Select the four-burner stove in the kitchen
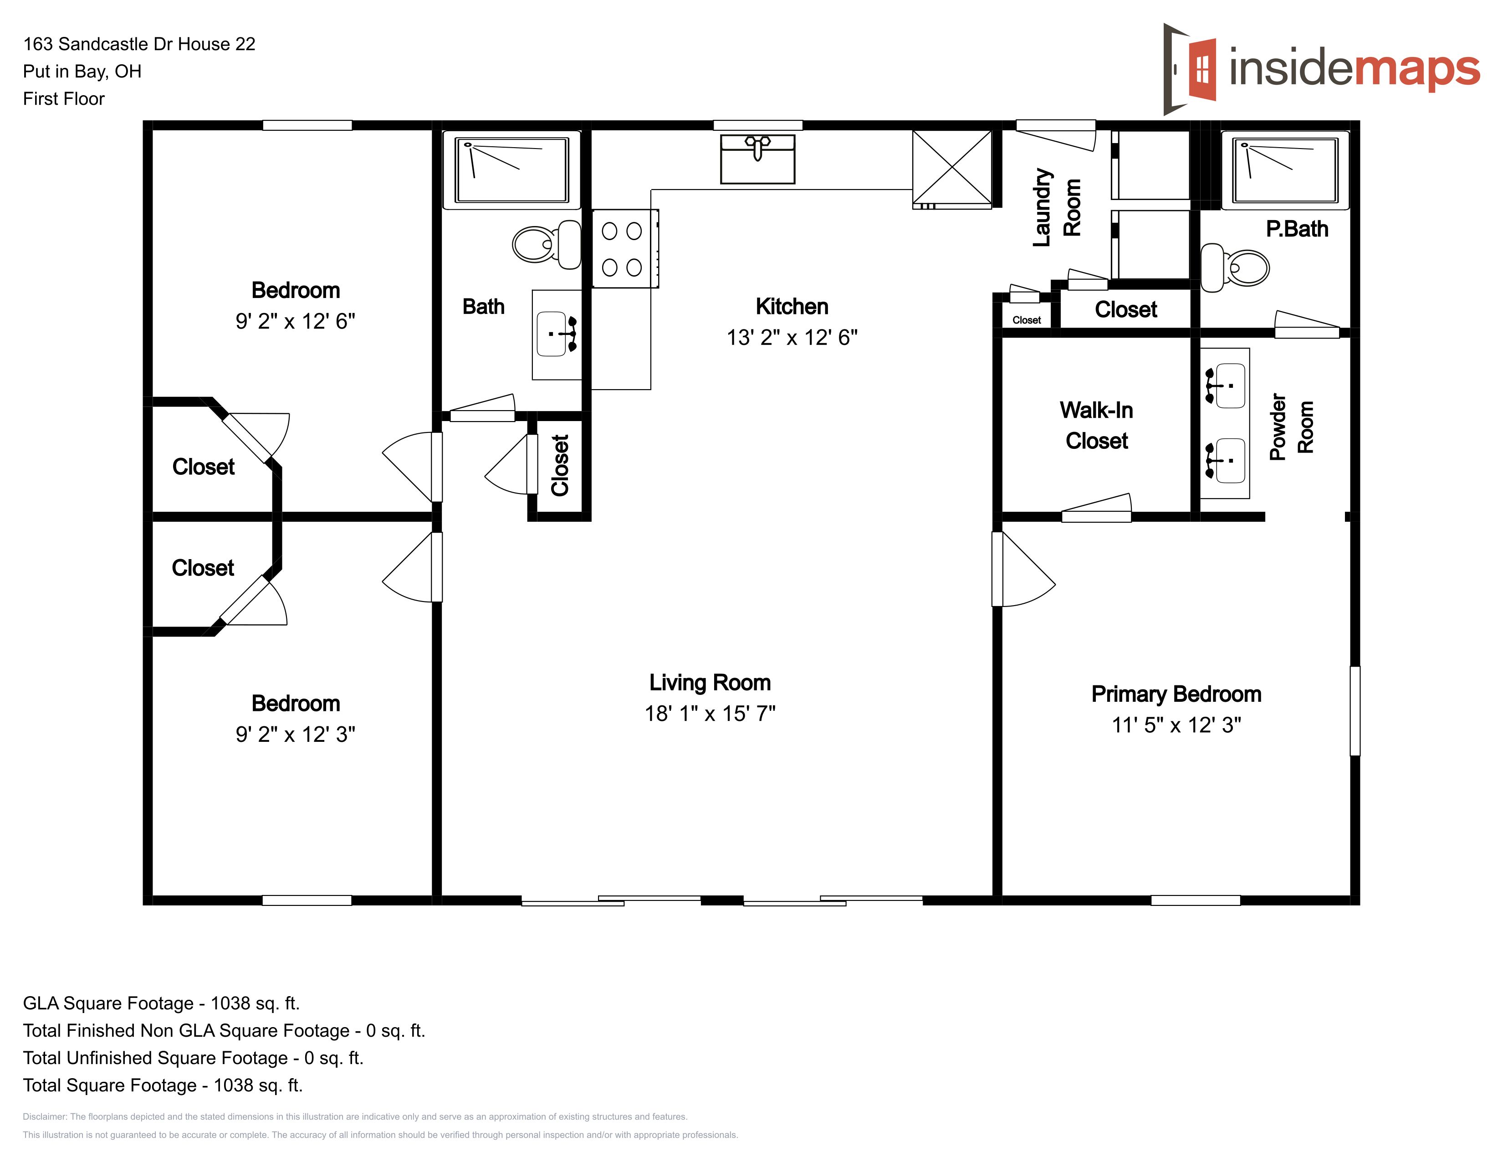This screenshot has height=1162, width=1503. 625,248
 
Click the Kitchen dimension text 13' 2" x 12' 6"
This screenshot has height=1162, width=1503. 792,337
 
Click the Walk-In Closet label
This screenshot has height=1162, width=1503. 1096,426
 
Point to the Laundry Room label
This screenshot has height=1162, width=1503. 1057,207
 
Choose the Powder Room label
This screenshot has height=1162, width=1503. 1292,427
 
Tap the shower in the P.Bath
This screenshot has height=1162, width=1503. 1285,170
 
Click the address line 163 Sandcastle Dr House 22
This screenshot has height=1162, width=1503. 139,44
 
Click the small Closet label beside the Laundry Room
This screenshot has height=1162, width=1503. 1026,320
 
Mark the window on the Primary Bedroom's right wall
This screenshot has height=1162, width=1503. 1355,710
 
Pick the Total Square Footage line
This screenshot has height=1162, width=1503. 163,1085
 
